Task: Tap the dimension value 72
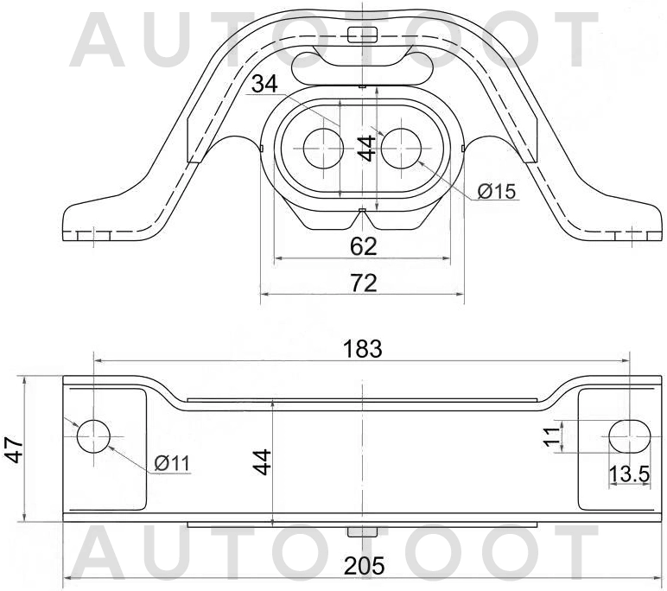pyautogui.click(x=364, y=282)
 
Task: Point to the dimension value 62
pyautogui.click(x=364, y=246)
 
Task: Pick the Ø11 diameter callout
pyautogui.click(x=172, y=464)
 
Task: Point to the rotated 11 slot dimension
pyautogui.click(x=549, y=435)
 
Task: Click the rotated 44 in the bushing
pyautogui.click(x=367, y=148)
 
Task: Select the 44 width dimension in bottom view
pyautogui.click(x=263, y=461)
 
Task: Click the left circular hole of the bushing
pyautogui.click(x=323, y=148)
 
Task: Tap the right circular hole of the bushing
pyautogui.click(x=399, y=148)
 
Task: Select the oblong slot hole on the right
pyautogui.click(x=628, y=435)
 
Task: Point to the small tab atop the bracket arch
pyautogui.click(x=362, y=34)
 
